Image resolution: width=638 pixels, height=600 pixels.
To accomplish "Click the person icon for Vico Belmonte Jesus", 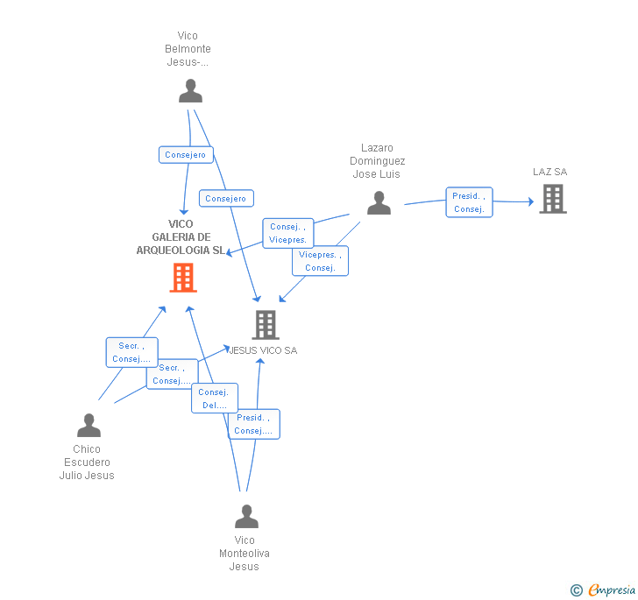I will (x=190, y=91).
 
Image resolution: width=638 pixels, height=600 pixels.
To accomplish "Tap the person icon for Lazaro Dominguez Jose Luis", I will (x=379, y=203).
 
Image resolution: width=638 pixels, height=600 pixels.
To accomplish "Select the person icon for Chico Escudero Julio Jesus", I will (x=89, y=426).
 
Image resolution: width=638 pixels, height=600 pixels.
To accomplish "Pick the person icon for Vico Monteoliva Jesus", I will (x=246, y=517).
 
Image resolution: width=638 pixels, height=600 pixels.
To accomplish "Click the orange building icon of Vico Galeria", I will (x=182, y=278).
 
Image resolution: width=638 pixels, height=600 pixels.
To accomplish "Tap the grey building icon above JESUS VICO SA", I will (x=265, y=325).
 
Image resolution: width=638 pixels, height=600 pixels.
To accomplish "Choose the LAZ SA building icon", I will (x=552, y=199).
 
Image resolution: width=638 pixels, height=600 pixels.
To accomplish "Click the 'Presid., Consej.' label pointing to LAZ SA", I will (x=469, y=202).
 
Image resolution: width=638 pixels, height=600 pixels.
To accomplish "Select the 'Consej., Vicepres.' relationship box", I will (x=287, y=233).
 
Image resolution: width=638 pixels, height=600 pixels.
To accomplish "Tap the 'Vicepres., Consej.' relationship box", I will (x=320, y=261).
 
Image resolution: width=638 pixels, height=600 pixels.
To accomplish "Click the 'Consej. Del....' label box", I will (x=213, y=399).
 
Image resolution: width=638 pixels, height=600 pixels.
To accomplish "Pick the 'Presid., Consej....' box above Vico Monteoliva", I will (x=253, y=424).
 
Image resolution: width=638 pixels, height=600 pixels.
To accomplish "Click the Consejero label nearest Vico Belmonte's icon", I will (x=186, y=155).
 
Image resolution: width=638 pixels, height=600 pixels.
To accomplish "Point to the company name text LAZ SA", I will (x=549, y=172).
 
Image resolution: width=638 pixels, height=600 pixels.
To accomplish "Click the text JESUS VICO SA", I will (x=263, y=350).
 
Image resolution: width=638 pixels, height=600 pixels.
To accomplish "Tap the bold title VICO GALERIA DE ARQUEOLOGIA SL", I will (x=181, y=237).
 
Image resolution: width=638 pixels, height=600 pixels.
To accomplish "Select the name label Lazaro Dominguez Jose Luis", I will (x=377, y=161).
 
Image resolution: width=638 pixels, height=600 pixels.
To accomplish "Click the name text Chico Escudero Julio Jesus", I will (x=87, y=462).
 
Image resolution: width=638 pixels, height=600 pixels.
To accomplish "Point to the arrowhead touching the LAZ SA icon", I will (x=529, y=202).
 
